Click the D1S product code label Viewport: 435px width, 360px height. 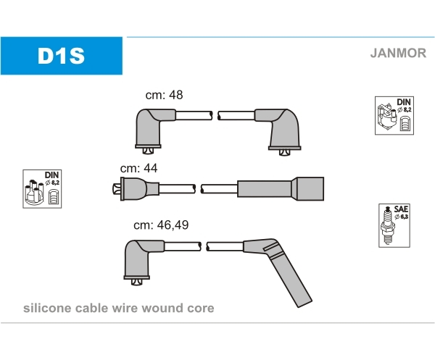(x=62, y=56)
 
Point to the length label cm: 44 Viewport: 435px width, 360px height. (x=138, y=168)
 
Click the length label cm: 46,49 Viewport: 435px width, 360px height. (x=161, y=225)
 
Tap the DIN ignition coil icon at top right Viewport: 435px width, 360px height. (x=394, y=115)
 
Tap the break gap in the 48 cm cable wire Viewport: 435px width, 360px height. (x=215, y=115)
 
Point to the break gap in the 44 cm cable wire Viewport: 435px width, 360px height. (x=198, y=188)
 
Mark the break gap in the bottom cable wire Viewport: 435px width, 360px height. (x=204, y=246)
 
